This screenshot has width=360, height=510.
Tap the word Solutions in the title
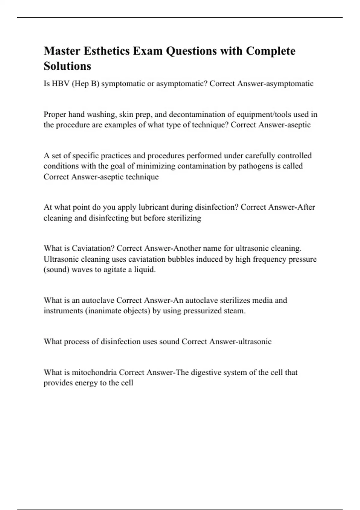click(x=67, y=66)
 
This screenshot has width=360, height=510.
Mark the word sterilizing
click(x=184, y=218)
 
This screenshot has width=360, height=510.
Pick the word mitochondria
click(x=94, y=373)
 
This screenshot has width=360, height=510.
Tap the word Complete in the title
click(x=271, y=51)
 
